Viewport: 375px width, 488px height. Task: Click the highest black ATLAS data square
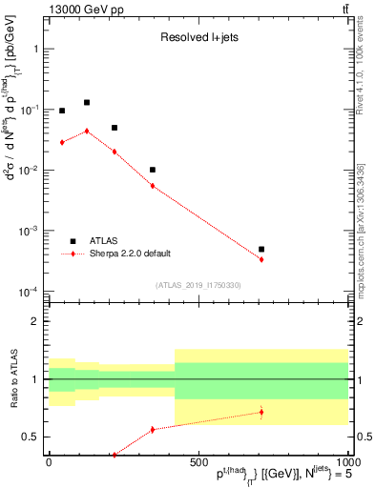87,102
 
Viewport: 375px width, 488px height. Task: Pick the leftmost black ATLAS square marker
62,111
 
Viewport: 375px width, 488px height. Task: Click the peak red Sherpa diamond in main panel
87,132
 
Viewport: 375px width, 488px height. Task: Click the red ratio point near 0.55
153,430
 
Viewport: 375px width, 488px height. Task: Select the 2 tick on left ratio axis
37,321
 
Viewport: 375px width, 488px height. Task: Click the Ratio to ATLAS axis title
12,380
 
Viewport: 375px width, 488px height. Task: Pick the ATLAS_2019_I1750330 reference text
198,285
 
